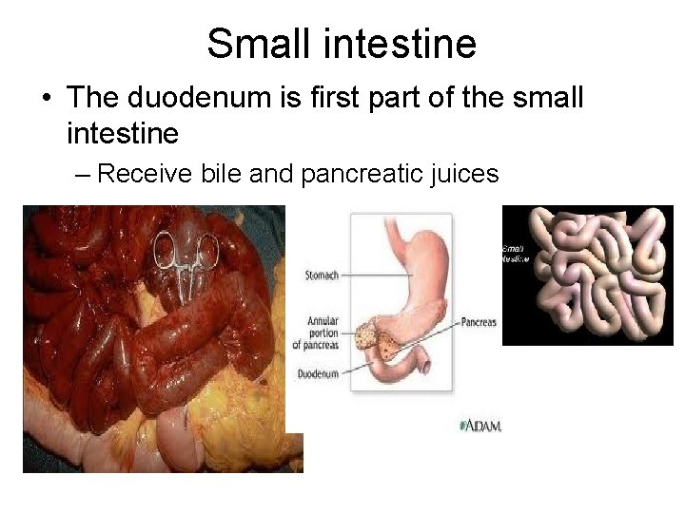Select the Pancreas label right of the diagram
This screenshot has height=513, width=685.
pos(478,322)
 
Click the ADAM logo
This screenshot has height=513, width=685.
pos(480,425)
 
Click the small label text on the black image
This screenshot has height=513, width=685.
pos(515,252)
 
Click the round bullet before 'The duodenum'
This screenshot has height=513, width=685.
pos(47,97)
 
